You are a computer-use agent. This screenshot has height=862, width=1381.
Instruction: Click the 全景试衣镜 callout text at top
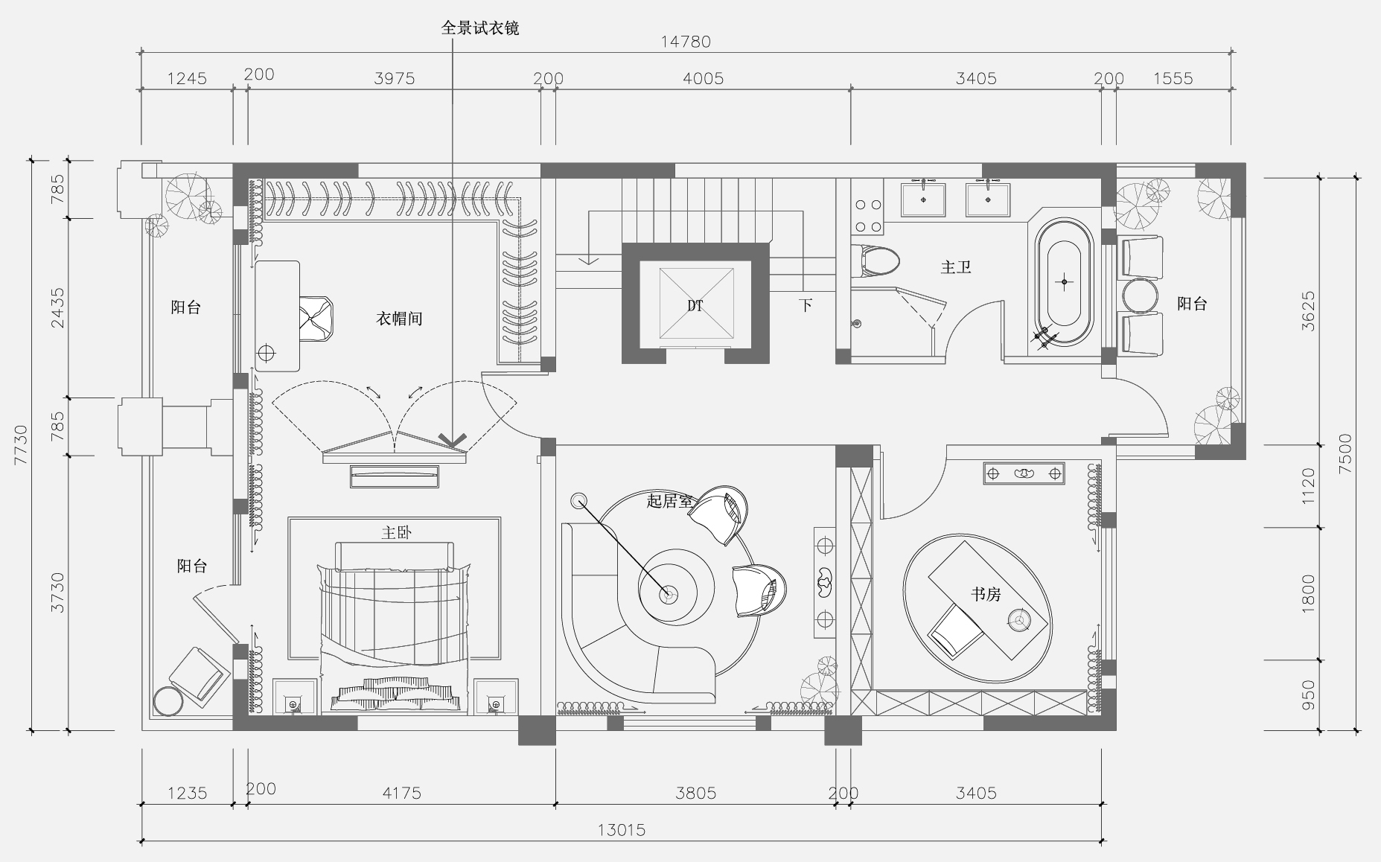(x=480, y=28)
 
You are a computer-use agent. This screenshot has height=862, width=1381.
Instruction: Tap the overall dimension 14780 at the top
(x=686, y=42)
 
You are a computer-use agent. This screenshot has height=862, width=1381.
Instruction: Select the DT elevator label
(x=695, y=306)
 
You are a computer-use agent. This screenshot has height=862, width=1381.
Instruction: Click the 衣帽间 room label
(x=399, y=319)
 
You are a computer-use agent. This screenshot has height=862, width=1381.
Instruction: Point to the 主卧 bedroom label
(x=396, y=532)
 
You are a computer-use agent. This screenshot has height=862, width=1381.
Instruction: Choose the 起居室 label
(x=670, y=501)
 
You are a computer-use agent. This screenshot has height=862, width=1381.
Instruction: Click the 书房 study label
(x=986, y=594)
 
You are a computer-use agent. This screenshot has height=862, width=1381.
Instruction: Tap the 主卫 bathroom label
(x=956, y=266)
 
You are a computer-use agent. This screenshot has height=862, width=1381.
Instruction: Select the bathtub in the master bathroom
(x=1065, y=282)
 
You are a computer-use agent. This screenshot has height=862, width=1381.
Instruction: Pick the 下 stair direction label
(x=806, y=304)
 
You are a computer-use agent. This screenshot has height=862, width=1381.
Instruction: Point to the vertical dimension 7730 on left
(x=21, y=445)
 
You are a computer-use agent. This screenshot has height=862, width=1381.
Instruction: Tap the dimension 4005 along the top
(x=703, y=78)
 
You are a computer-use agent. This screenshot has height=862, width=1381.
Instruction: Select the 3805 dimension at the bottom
(x=695, y=794)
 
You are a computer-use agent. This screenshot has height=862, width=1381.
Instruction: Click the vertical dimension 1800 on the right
(x=1309, y=594)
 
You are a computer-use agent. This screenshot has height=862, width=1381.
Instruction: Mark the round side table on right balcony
(x=1141, y=296)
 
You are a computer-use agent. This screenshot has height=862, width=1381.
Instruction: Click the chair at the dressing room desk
(x=316, y=317)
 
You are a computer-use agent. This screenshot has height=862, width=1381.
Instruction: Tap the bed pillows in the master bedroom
(x=395, y=691)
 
